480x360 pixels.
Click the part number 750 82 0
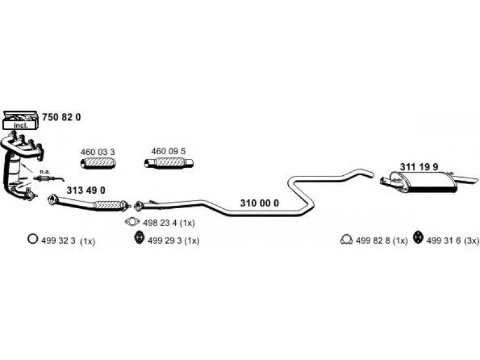[x=62, y=117]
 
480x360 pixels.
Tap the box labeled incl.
[x=20, y=125]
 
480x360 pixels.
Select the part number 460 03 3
[x=98, y=152]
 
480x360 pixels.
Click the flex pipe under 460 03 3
[x=98, y=163]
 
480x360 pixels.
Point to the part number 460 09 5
[x=169, y=151]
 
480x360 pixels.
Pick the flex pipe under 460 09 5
[x=169, y=163]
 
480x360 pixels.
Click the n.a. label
[x=44, y=172]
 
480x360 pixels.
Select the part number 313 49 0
[x=86, y=190]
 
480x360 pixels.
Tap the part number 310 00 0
[x=260, y=203]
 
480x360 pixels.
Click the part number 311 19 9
[x=419, y=167]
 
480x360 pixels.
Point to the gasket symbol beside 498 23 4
[x=132, y=221]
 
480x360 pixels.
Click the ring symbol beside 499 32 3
[x=32, y=238]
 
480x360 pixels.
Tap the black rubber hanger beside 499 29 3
[x=139, y=238]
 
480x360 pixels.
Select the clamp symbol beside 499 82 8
[x=346, y=239]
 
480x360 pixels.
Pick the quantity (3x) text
[x=472, y=241]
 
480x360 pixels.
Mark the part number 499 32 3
[x=58, y=241]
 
